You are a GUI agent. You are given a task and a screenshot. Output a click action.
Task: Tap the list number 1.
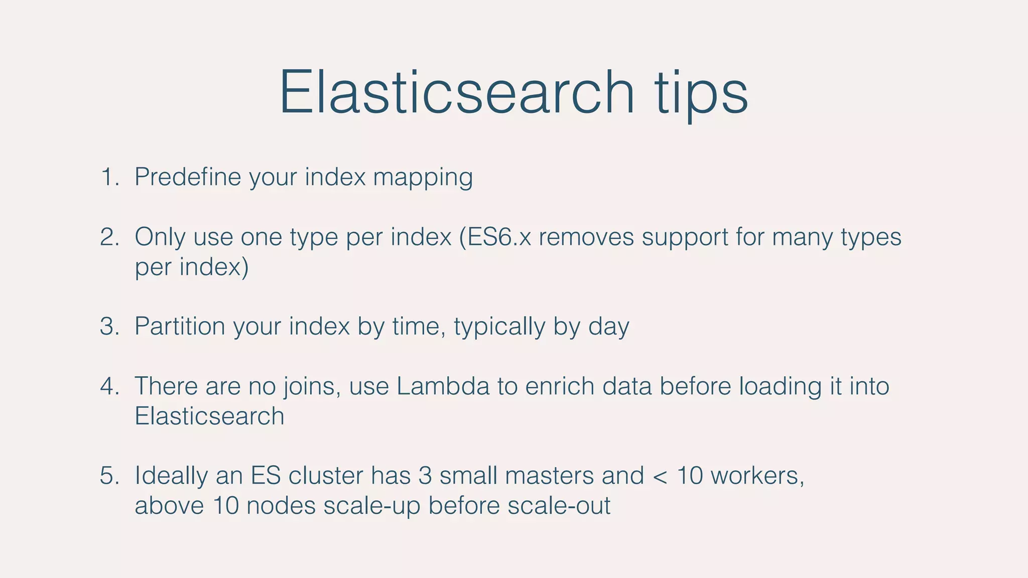point(109,177)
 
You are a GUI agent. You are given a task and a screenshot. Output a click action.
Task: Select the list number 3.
point(109,327)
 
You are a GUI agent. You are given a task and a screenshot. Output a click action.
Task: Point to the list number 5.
point(109,476)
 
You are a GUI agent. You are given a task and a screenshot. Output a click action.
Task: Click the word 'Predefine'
point(187,177)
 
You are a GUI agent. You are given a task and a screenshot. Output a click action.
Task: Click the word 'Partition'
point(179,327)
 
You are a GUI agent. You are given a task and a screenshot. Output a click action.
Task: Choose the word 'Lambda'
point(443,386)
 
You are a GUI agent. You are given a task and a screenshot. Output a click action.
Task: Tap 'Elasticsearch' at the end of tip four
point(209,416)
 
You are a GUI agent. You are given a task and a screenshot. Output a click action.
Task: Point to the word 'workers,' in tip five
point(757,476)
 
